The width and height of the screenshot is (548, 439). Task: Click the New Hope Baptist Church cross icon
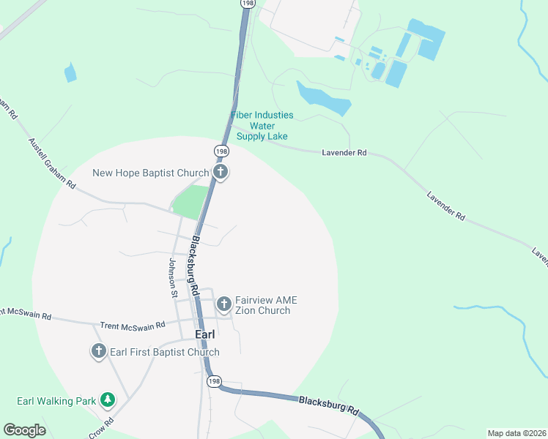pyautogui.click(x=221, y=173)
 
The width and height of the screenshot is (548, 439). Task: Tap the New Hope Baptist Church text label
pyautogui.click(x=150, y=173)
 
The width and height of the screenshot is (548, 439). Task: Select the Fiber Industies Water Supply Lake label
pyautogui.click(x=262, y=126)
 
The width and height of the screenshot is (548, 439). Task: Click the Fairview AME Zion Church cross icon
pyautogui.click(x=223, y=301)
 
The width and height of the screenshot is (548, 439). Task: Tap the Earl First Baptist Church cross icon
pyautogui.click(x=99, y=351)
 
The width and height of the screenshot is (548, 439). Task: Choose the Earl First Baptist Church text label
pyautogui.click(x=164, y=352)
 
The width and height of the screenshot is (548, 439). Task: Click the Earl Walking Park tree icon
pyautogui.click(x=108, y=399)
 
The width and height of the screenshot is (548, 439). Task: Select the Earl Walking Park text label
pyautogui.click(x=57, y=401)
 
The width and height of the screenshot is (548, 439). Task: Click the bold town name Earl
pyautogui.click(x=205, y=334)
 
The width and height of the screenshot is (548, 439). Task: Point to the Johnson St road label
pyautogui.click(x=174, y=278)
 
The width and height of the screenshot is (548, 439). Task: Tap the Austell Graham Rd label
pyautogui.click(x=52, y=164)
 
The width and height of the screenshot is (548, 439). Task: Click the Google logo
pyautogui.click(x=24, y=430)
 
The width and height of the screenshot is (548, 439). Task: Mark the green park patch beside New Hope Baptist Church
pyautogui.click(x=190, y=202)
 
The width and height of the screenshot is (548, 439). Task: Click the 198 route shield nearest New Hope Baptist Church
pyautogui.click(x=221, y=151)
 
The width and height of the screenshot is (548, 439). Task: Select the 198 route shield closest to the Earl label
pyautogui.click(x=213, y=381)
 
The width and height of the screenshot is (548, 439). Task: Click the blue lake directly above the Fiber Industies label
pyautogui.click(x=322, y=97)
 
